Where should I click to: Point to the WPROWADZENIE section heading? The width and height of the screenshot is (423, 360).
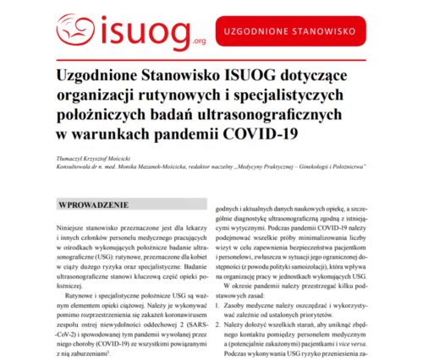click(92, 205)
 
